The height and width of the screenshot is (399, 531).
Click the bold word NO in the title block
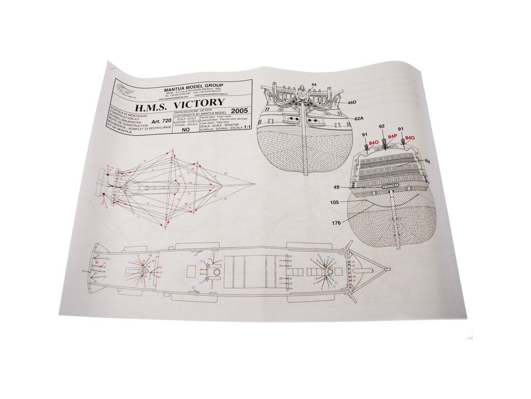point(186,131)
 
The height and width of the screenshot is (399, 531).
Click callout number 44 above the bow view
point(314,84)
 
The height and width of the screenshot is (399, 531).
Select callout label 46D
point(353,103)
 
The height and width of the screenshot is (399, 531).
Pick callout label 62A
point(358,119)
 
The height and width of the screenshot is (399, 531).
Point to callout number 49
point(336,187)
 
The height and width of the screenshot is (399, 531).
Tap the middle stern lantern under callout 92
point(384,142)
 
